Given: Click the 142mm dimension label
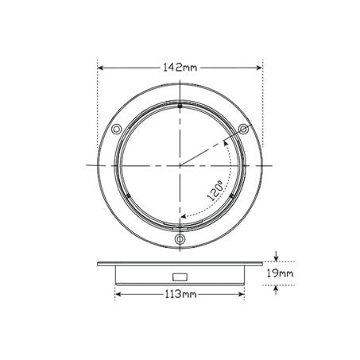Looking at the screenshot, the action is point(180,68).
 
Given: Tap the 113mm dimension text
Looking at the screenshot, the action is point(180,294).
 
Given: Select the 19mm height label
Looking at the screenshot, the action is point(280,273).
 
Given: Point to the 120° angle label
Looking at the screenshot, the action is point(215,190).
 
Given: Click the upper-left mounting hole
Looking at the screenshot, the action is point(116,130).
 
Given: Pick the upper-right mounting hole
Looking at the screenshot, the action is point(243,130).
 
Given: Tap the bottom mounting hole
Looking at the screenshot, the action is point(180,239).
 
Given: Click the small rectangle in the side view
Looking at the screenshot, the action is point(180,277).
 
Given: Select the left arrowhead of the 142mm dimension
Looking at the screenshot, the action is point(100,68).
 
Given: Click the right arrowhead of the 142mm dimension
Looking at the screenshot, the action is point(259,68).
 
